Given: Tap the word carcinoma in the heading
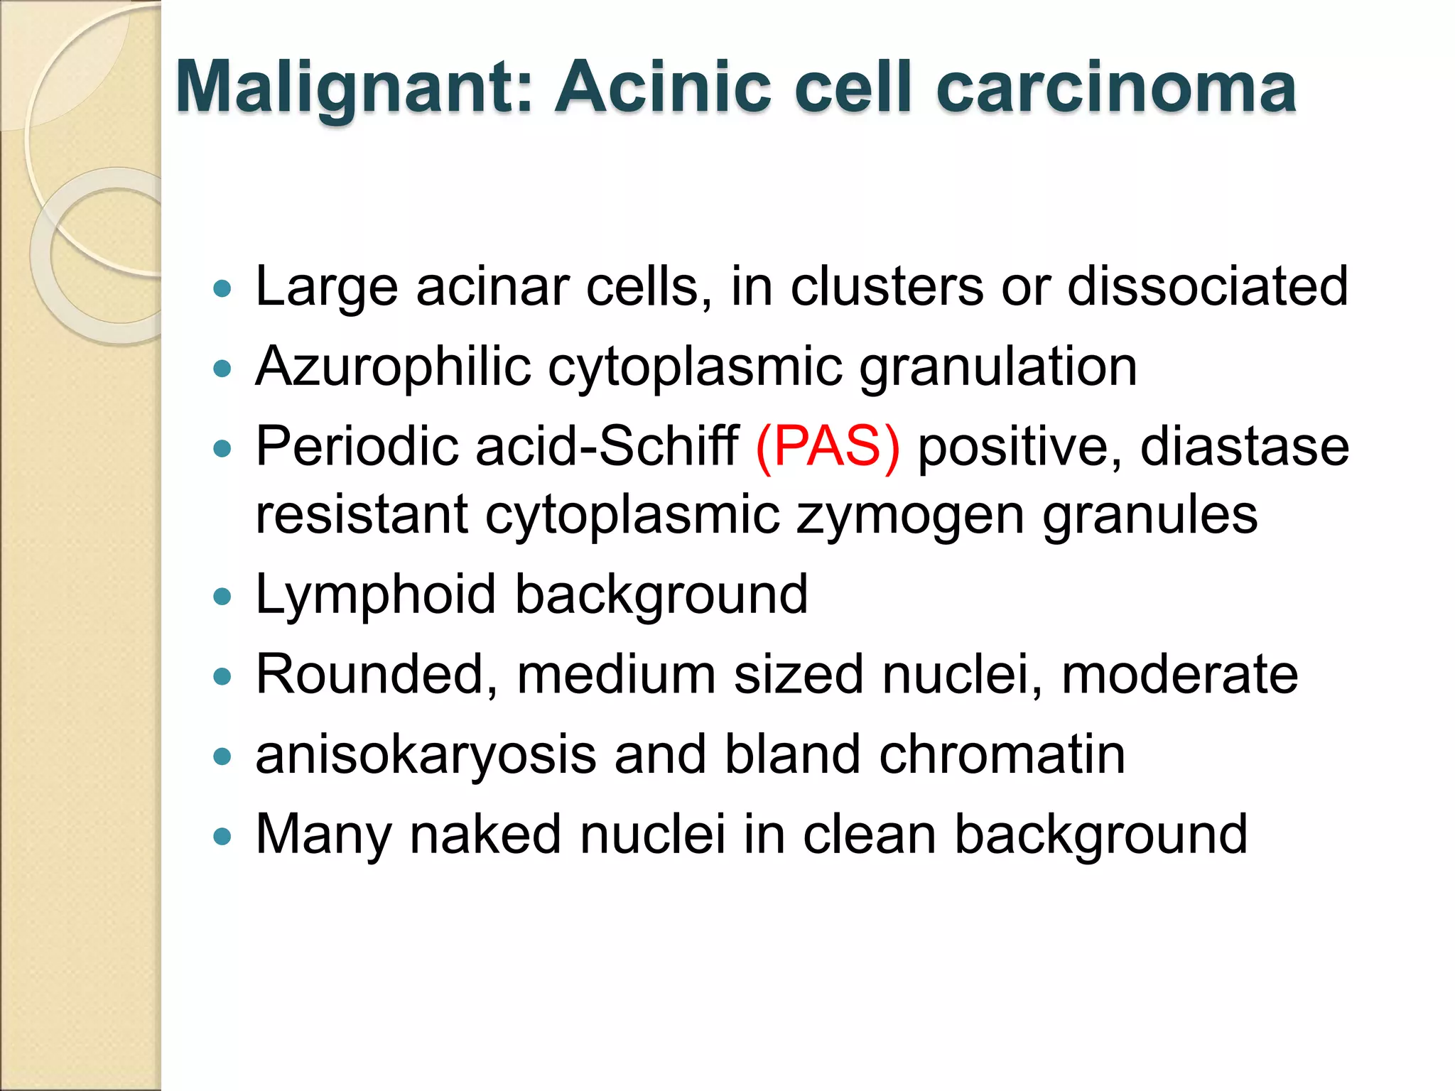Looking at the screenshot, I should click(x=1116, y=89).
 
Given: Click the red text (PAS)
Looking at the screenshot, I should click(x=828, y=447).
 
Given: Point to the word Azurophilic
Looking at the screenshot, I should click(x=393, y=367).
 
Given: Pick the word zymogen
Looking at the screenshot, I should click(x=910, y=515).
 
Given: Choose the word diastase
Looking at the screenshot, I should click(x=1244, y=447).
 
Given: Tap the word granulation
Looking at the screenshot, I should click(x=998, y=367).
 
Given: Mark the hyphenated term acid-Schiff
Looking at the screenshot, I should click(x=607, y=447).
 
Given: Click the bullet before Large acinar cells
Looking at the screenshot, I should click(x=222, y=288).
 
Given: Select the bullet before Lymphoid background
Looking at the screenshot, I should click(x=222, y=597).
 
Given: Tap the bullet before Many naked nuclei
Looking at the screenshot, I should click(x=222, y=836).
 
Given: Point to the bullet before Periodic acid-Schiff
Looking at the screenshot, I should click(x=222, y=449).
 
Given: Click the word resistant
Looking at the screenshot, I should click(x=362, y=515).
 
